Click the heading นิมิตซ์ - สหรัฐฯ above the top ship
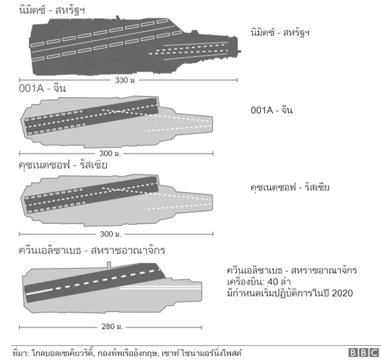pyautogui.click(x=48, y=9)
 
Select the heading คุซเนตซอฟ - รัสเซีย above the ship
pyautogui.click(x=63, y=165)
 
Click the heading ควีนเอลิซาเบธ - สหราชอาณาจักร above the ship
pyautogui.click(x=92, y=250)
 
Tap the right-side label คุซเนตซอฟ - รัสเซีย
pyautogui.click(x=290, y=187)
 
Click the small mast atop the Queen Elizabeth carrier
pyautogui.click(x=108, y=263)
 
